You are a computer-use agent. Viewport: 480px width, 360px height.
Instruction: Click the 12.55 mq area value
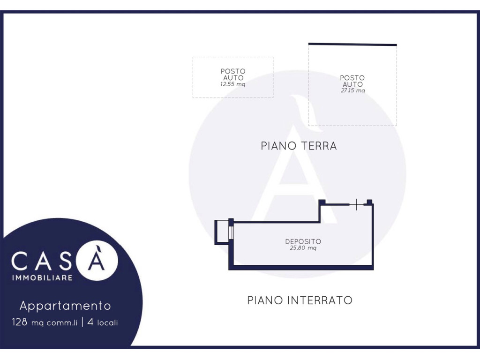point(232,85)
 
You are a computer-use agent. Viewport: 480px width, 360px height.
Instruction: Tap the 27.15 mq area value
point(352,91)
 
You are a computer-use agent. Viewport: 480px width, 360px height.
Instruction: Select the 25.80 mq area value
point(303,248)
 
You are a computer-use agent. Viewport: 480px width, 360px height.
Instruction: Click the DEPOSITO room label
point(303,242)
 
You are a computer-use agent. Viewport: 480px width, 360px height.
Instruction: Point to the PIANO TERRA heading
point(299,146)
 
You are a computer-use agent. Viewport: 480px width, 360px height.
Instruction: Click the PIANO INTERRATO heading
point(300,300)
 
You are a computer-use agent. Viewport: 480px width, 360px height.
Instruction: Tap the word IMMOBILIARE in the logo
point(42,278)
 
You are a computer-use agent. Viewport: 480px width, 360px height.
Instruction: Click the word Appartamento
point(65,306)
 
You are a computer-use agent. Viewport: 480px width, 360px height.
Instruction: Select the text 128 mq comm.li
point(45,322)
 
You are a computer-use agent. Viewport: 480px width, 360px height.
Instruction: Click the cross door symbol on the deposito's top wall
point(357,204)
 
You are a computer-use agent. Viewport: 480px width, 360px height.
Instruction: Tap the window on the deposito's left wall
point(231,233)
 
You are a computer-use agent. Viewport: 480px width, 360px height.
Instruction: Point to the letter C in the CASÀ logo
point(20,262)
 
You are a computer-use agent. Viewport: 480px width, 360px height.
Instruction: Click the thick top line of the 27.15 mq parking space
point(352,45)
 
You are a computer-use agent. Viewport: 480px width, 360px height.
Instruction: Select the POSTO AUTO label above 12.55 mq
point(233,75)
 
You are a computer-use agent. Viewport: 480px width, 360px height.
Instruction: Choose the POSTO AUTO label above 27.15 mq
point(352,81)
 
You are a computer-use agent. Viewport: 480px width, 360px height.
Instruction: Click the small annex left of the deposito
point(221,232)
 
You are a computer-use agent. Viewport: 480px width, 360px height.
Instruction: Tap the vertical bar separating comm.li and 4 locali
point(82,322)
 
